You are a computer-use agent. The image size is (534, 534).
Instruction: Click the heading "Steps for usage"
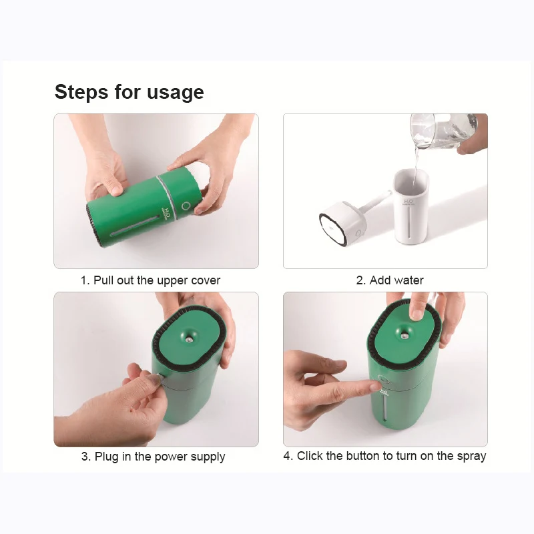129,92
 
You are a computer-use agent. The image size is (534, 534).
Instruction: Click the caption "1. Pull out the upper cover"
150,280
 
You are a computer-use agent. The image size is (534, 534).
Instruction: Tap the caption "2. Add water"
390,280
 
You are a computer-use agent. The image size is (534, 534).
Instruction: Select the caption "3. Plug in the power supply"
154,457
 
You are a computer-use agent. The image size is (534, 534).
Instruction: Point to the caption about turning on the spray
385,456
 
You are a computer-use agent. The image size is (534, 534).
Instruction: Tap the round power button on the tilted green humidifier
186,206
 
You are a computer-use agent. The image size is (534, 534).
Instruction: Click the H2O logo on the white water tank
408,203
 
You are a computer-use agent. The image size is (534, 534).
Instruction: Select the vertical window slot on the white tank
410,224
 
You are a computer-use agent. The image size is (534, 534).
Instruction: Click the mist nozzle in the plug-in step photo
188,338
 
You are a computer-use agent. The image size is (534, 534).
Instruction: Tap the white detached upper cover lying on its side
343,223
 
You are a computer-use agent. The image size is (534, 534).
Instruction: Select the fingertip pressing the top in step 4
417,314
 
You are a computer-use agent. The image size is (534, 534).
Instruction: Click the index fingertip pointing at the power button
374,386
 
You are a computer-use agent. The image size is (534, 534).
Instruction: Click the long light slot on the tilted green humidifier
135,226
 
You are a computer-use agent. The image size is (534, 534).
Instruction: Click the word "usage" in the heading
176,93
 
